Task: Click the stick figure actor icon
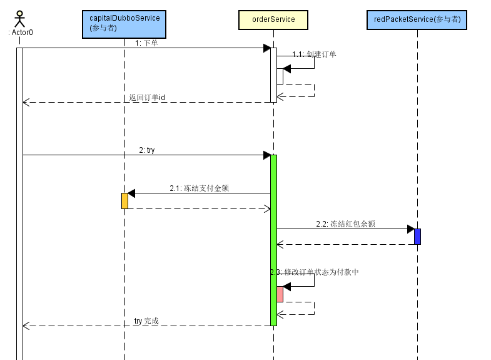point(19,18)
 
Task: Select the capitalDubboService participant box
point(124,23)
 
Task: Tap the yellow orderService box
point(273,19)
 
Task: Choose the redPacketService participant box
point(417,19)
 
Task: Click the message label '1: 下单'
point(146,43)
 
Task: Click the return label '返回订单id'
point(147,98)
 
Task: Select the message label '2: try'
point(147,150)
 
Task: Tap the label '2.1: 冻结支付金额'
point(199,188)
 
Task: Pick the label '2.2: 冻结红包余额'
point(345,224)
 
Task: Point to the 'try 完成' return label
point(146,321)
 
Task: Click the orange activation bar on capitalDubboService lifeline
point(124,200)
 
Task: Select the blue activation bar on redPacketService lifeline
point(417,236)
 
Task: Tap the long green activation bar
point(273,240)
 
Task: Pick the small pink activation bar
point(280,294)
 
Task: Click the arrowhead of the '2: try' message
point(266,155)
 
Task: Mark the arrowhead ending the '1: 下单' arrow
point(266,48)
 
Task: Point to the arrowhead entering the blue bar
point(411,229)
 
